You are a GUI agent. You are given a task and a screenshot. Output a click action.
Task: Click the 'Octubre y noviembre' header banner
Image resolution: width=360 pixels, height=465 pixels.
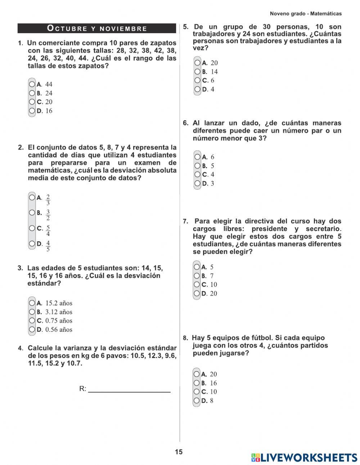tap(97, 28)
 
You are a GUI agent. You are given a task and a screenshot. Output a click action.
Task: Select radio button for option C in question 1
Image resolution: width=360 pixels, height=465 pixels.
tap(32, 102)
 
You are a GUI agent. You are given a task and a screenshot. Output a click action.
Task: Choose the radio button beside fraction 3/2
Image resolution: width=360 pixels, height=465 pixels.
tap(32, 213)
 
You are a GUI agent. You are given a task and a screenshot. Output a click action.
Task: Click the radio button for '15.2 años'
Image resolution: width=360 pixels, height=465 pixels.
tap(32, 303)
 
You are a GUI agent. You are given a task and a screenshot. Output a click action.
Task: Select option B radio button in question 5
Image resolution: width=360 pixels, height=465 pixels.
tap(197, 72)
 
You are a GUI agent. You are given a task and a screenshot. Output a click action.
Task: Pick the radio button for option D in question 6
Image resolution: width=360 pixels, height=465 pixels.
tap(197, 183)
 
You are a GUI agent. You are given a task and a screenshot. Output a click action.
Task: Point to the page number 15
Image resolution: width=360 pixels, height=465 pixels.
tap(179, 452)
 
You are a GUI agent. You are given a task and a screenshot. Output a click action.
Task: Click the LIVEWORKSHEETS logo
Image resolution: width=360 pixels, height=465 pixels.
tap(304, 457)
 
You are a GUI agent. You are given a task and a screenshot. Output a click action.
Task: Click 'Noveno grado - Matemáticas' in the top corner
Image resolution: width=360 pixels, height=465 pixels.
tap(306, 14)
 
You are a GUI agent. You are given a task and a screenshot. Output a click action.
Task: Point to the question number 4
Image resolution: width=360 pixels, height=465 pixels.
tap(21, 348)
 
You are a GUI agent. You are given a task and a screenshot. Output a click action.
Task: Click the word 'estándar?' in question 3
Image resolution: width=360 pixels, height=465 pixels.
tap(44, 283)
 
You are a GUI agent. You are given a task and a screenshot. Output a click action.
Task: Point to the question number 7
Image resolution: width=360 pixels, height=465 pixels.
tap(185, 222)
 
